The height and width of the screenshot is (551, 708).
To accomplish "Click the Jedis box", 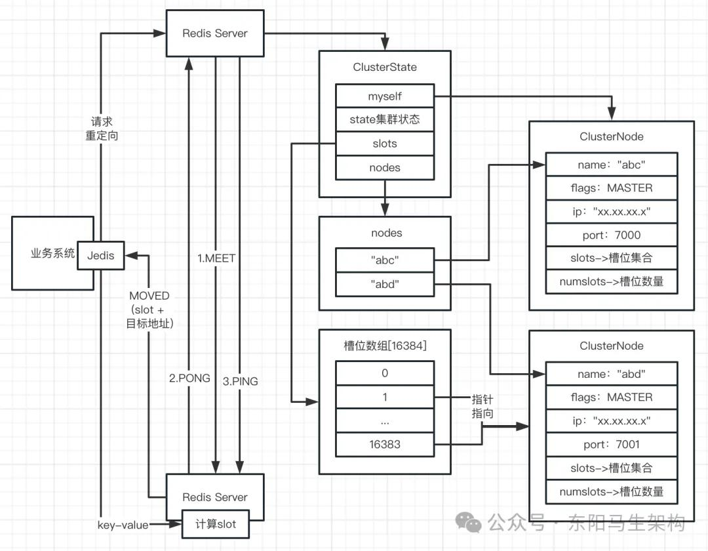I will [x=100, y=255].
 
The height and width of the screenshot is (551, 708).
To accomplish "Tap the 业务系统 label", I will [x=53, y=254].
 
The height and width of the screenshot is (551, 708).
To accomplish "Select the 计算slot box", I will [x=216, y=525].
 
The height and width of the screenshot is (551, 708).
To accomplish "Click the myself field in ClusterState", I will [x=384, y=96].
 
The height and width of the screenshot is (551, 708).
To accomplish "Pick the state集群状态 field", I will [x=384, y=120].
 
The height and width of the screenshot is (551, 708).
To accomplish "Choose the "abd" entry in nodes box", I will [x=384, y=284].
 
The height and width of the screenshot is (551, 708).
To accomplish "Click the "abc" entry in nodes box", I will [x=384, y=260].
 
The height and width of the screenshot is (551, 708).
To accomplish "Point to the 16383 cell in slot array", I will [x=384, y=445].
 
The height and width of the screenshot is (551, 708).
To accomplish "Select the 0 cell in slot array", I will [x=384, y=373].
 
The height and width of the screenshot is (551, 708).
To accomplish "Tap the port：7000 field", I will [x=611, y=235].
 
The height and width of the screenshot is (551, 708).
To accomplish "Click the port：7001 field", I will [x=611, y=444].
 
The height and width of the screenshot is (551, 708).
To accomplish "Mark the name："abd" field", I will [x=611, y=374].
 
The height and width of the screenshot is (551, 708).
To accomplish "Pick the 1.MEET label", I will [x=216, y=258].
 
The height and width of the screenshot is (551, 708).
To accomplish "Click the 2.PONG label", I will [x=189, y=378].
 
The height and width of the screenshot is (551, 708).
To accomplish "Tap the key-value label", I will [x=123, y=525].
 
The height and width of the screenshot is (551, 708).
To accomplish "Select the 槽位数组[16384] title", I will [x=385, y=346].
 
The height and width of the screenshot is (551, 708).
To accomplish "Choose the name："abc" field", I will [x=611, y=164].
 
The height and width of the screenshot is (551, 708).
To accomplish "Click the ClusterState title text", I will [x=385, y=67].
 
